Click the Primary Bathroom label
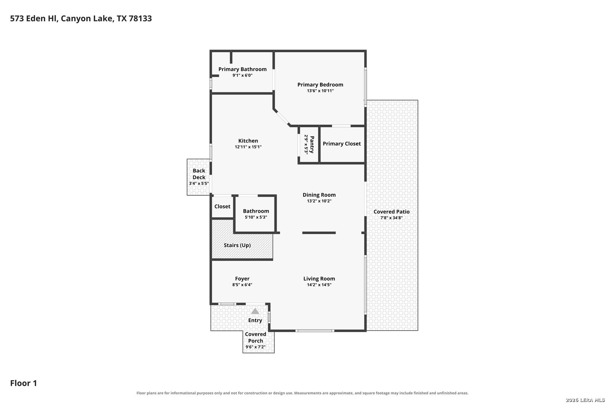coord(242,69)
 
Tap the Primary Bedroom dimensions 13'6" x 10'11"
coord(320,91)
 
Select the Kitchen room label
coord(248,141)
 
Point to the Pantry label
coord(312,144)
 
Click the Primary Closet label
coord(342,144)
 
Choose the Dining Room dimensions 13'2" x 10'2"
coord(319,201)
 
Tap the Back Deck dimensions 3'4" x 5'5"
coord(199,184)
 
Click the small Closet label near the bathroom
coord(222,206)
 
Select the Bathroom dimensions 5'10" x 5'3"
coord(256,217)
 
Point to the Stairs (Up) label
coord(237,245)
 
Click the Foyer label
coord(242,278)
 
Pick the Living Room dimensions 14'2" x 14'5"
coord(319,284)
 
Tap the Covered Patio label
coord(391,212)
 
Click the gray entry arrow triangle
coord(255,311)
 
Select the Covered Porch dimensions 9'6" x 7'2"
coord(255,347)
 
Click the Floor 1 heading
coord(24,383)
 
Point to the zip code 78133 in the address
coord(140,18)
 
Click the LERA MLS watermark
coord(585,400)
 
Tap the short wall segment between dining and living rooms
coord(319,233)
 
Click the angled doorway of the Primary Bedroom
coord(282,118)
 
